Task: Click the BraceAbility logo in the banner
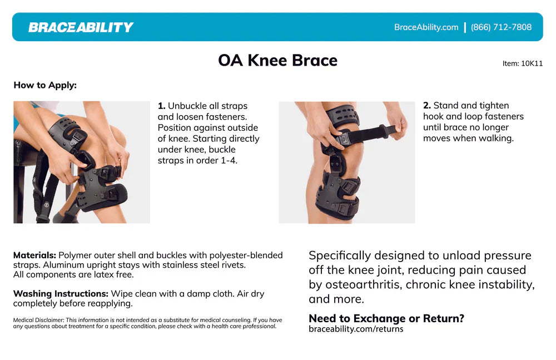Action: click(81, 27)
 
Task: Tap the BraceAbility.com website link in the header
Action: click(426, 27)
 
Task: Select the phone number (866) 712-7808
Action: click(501, 27)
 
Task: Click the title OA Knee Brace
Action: click(277, 60)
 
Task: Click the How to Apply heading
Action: click(45, 85)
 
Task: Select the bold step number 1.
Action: click(161, 106)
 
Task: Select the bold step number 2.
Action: click(426, 106)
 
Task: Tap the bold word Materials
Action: click(34, 255)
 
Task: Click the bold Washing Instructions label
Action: click(61, 293)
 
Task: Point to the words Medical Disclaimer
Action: click(38, 320)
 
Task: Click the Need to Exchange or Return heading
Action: click(386, 318)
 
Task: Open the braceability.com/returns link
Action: click(356, 329)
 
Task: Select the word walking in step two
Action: click(494, 138)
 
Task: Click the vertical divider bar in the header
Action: click(465, 27)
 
